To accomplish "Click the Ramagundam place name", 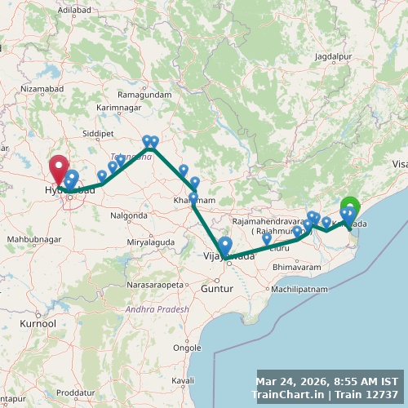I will tap(144, 95).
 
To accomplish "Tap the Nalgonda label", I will tap(129, 215).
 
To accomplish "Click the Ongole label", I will tap(188, 346).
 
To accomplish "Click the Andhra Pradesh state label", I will tap(157, 309).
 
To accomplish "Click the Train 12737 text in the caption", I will tap(372, 395).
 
